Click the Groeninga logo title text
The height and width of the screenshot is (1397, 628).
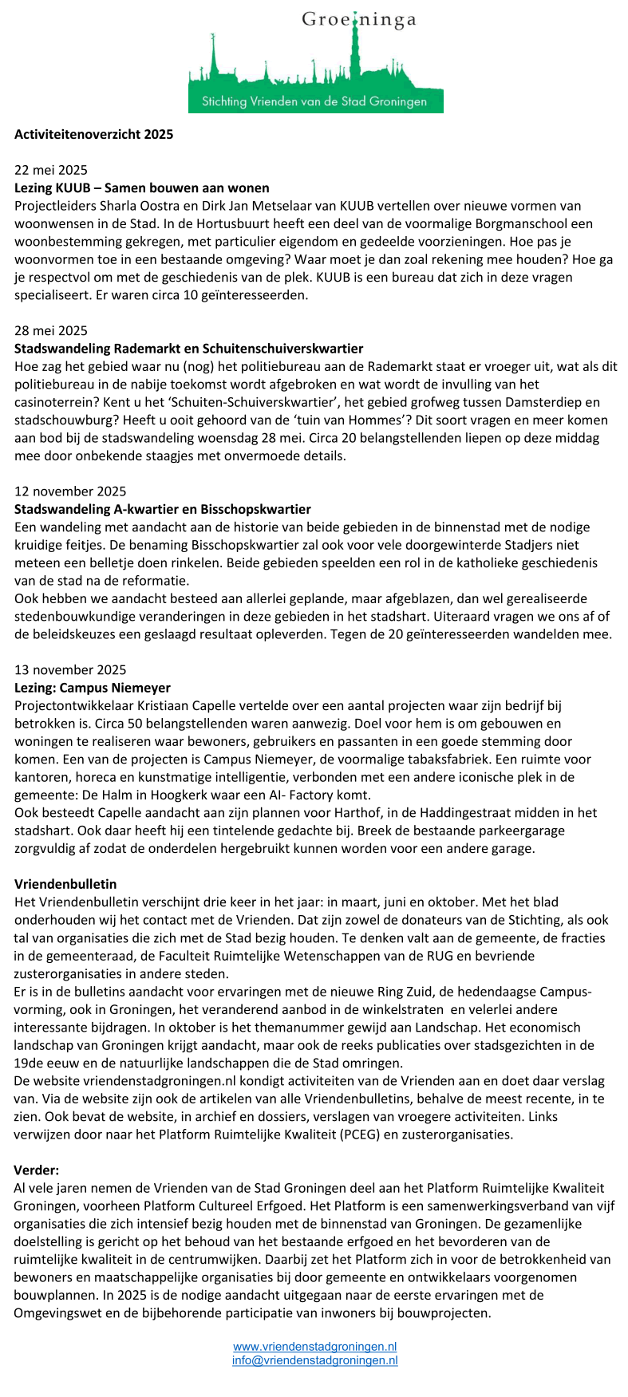pos(358,20)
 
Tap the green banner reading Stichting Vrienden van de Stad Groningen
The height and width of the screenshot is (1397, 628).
pos(314,101)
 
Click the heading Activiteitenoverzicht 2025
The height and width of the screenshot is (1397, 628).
pos(93,134)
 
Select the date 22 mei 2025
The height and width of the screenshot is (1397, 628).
pos(51,170)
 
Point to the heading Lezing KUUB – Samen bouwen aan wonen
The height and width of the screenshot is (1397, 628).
pos(142,188)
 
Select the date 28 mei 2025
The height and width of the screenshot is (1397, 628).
pos(51,330)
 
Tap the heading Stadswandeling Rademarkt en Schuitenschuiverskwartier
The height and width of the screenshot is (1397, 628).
pos(189,349)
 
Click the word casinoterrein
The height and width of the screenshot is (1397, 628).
pos(53,402)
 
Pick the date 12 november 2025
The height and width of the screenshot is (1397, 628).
pos(70,491)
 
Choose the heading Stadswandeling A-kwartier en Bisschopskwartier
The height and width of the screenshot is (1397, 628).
pos(163,509)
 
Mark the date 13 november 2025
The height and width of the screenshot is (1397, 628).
pos(70,670)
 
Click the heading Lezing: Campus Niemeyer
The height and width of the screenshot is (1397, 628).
pos(93,688)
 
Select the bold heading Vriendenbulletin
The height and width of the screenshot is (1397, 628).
pos(65,884)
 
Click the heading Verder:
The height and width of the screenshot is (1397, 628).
pos(37,1170)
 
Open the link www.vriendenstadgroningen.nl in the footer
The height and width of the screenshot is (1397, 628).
pos(314,1347)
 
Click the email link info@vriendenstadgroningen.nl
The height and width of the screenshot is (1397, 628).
pos(314,1360)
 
